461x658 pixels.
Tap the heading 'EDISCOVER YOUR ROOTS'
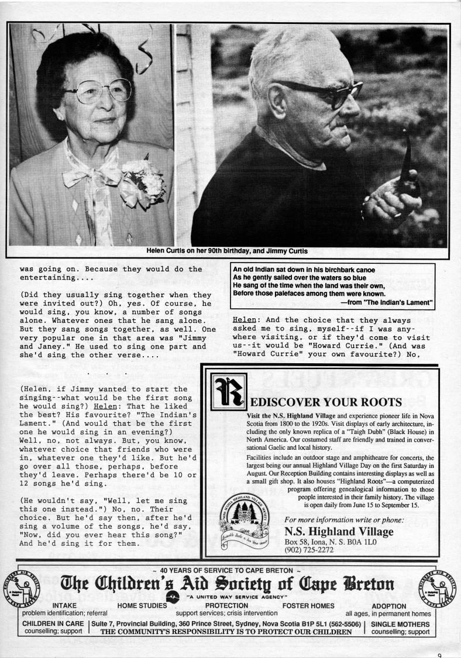tap(325, 402)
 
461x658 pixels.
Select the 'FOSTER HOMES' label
tap(308, 605)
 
